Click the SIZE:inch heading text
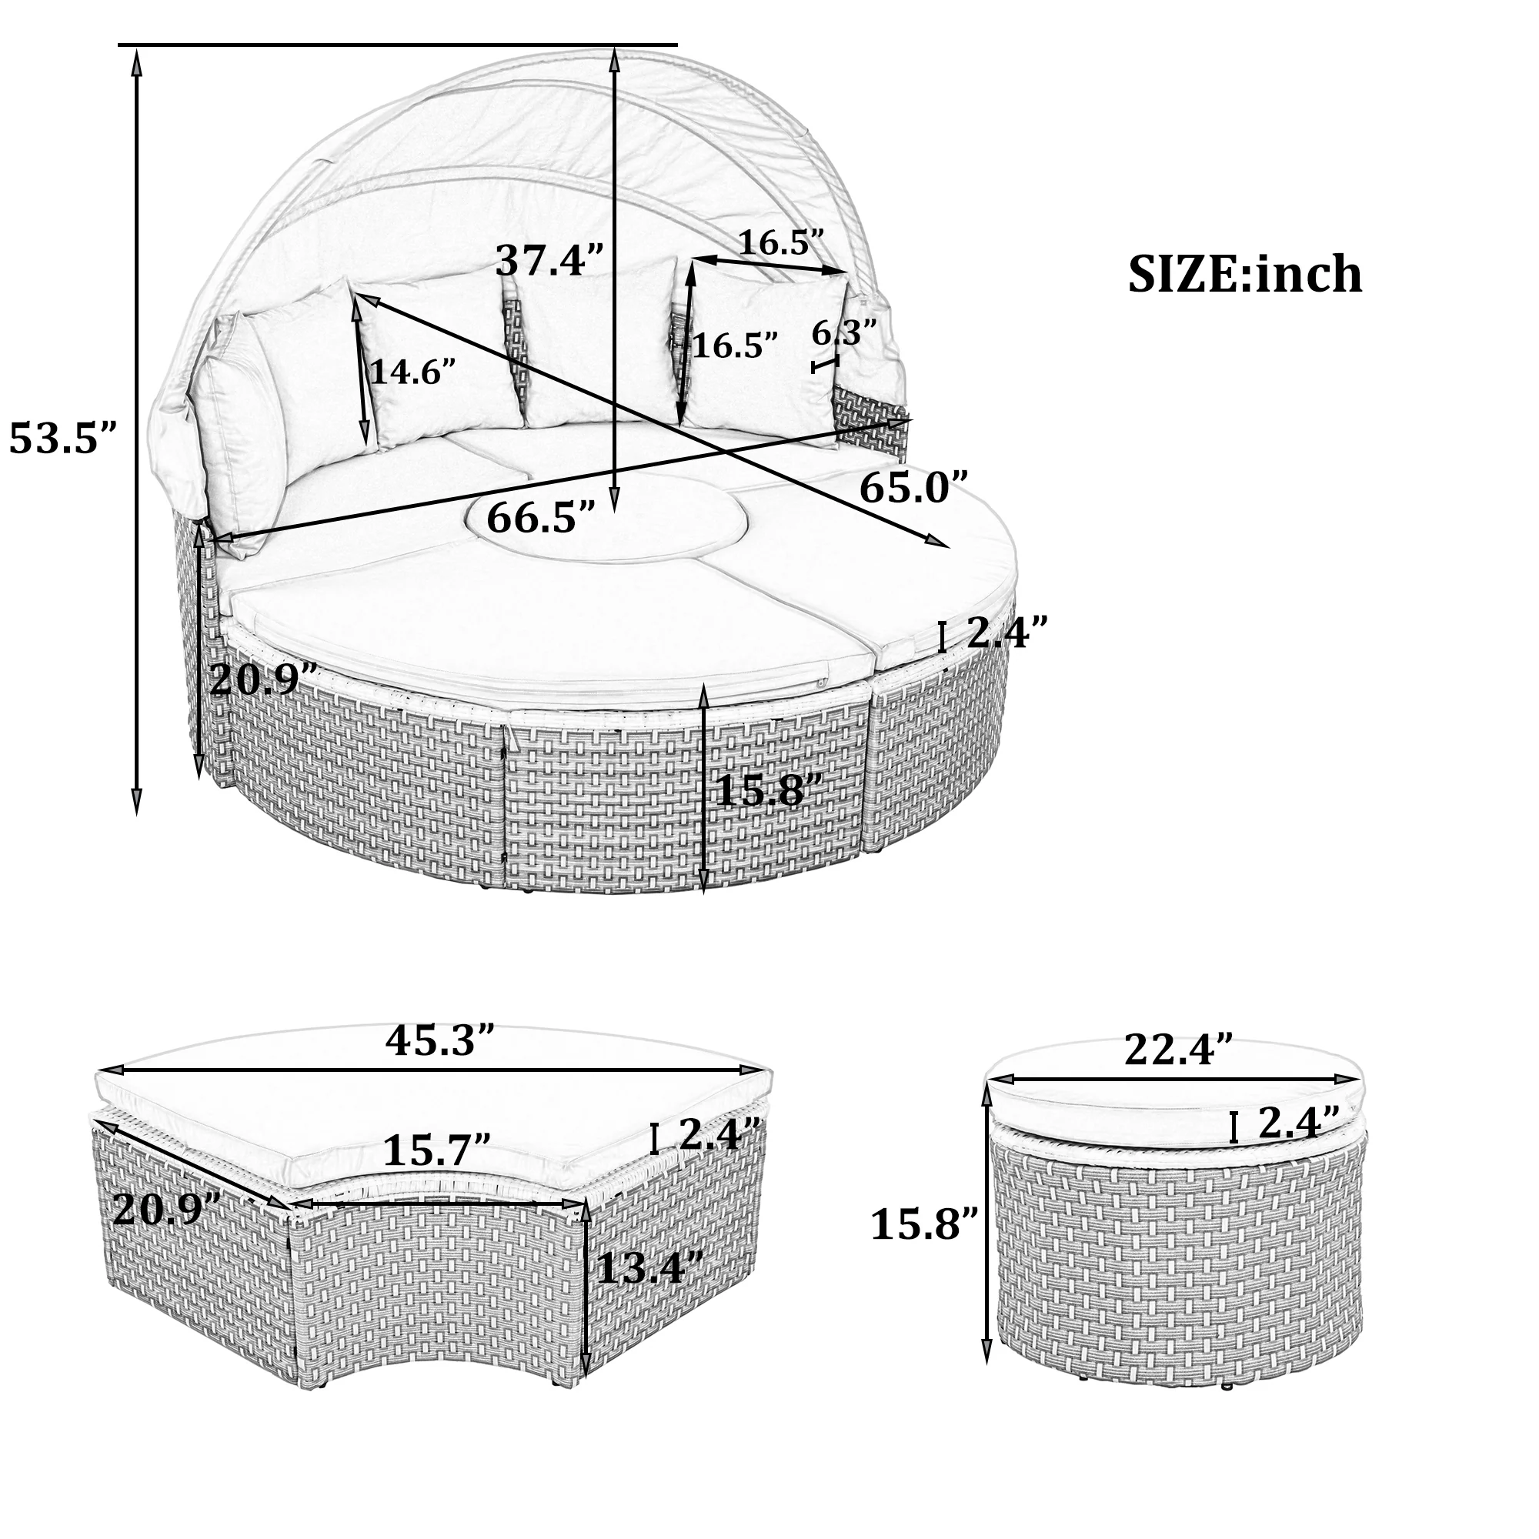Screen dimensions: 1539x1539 (1244, 274)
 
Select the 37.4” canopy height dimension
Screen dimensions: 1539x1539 (550, 259)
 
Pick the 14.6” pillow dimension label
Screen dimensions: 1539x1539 (412, 371)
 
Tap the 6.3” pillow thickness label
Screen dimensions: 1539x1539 (844, 332)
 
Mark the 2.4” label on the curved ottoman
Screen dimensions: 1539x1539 (719, 1133)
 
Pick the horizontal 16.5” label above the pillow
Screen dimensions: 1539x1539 (780, 242)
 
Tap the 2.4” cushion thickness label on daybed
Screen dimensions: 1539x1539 (1006, 632)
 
